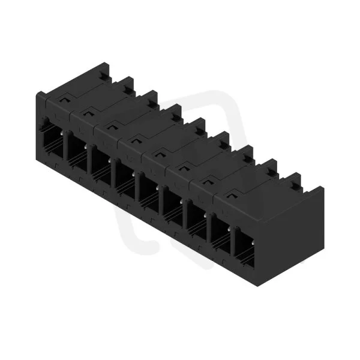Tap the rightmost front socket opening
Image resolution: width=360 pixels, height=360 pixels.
[245, 247]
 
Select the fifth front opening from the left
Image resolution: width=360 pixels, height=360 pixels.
[149, 193]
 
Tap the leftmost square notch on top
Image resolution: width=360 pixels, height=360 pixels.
[64, 100]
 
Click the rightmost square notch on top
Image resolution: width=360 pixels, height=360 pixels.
[232, 196]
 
